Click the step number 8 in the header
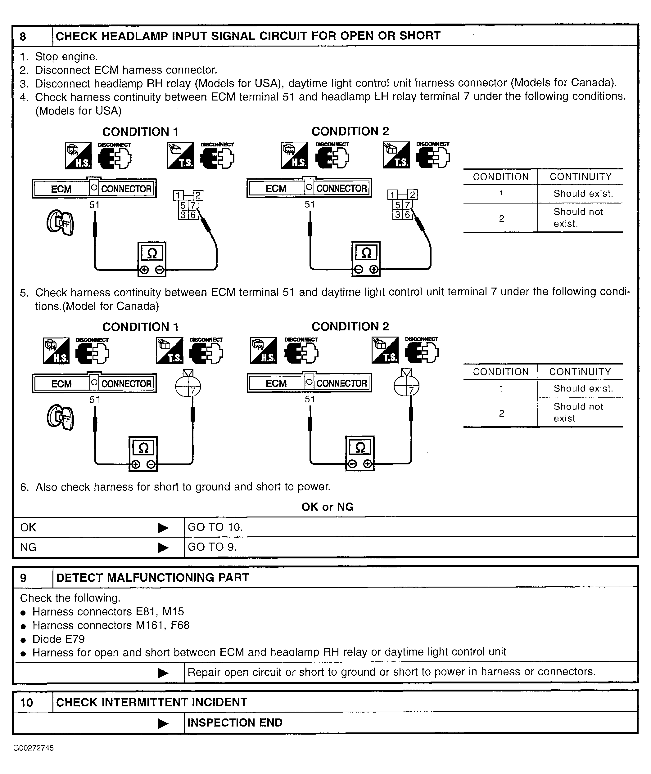coord(23,37)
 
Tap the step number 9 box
coord(23,577)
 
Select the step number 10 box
coord(27,702)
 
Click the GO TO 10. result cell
coord(215,527)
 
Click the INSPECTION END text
coord(235,723)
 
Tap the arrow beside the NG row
coord(163,548)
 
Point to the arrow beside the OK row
coord(163,528)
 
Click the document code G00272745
coord(34,748)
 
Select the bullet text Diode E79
coord(59,639)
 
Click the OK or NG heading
coord(327,507)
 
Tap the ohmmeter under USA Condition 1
coord(152,259)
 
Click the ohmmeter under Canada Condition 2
coord(360,453)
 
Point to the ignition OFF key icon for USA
coord(60,222)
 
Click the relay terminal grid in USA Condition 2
coord(402,205)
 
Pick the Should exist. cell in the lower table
coord(583,388)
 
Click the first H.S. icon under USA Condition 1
coord(78,156)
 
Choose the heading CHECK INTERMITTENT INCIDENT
coord(151,702)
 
